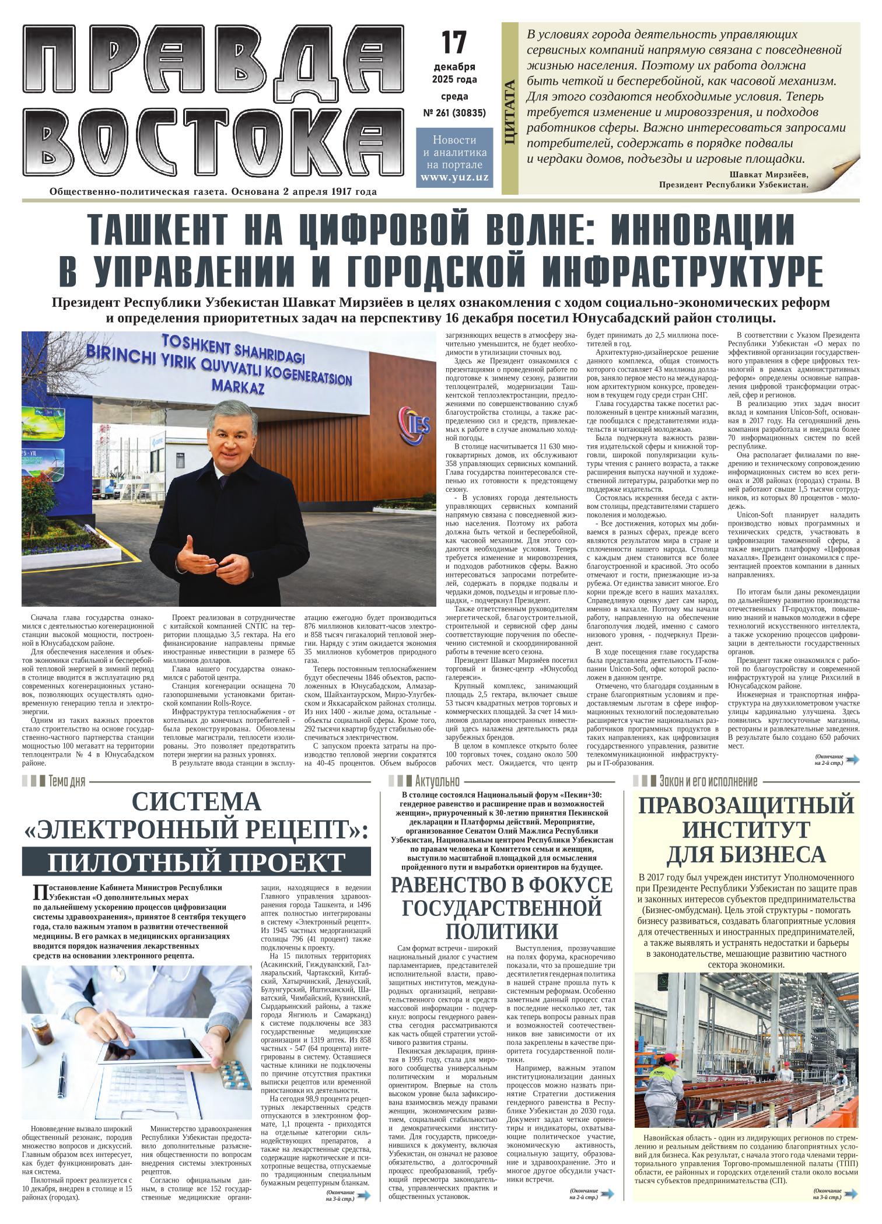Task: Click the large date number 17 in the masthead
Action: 454,43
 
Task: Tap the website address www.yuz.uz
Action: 454,177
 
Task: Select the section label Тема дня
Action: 67,781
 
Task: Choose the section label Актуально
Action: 437,781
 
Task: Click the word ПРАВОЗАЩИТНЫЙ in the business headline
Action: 746,806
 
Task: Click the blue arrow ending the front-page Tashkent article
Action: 852,759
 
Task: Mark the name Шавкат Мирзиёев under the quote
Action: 768,174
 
